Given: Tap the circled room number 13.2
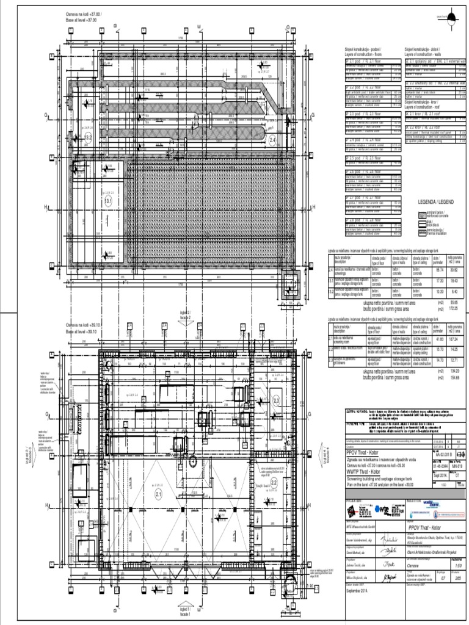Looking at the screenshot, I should click(x=88, y=139).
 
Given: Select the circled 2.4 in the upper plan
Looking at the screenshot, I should click(x=273, y=140).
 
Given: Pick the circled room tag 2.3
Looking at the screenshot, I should click(x=275, y=400).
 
